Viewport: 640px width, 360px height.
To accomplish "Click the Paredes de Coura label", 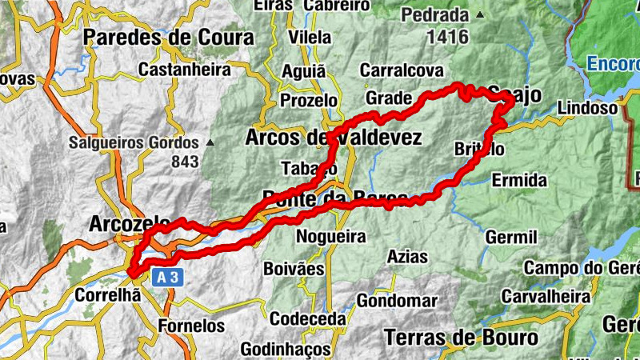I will click(168, 38).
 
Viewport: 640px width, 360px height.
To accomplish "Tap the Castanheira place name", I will click(184, 70).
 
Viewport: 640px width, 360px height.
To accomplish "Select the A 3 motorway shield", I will click(165, 277).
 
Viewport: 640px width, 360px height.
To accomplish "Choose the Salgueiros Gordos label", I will click(133, 143).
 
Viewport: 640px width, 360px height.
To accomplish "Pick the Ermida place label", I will click(519, 179).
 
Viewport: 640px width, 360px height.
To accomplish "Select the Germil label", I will click(510, 238).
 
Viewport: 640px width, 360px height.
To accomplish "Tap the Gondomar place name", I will click(397, 301).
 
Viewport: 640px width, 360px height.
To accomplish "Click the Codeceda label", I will click(306, 318).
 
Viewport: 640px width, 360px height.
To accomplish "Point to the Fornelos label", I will click(191, 326).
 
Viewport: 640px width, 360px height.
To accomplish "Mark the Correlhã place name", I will click(107, 295).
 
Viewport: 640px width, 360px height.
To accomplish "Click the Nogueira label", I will click(330, 237).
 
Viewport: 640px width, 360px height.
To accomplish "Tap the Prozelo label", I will click(309, 101).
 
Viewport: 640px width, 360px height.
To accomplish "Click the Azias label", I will click(406, 258).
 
